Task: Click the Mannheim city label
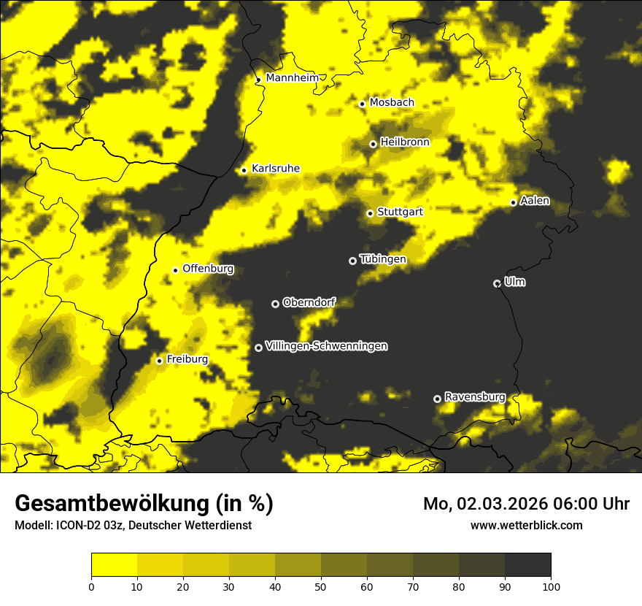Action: click(293, 78)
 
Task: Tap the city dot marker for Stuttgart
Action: click(370, 213)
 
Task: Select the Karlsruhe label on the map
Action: click(275, 169)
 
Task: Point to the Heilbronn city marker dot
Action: click(373, 144)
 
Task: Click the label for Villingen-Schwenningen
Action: click(326, 346)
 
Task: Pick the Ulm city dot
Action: click(497, 283)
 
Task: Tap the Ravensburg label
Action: click(475, 397)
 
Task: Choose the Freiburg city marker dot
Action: click(159, 361)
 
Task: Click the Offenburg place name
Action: click(208, 269)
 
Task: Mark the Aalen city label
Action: click(535, 201)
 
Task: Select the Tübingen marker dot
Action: click(352, 261)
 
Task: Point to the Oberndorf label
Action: click(309, 302)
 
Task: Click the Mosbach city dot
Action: click(362, 104)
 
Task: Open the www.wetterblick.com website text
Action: click(526, 525)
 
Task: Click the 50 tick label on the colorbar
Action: click(321, 586)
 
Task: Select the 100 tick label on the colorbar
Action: click(550, 586)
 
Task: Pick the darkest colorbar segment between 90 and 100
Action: click(527, 565)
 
